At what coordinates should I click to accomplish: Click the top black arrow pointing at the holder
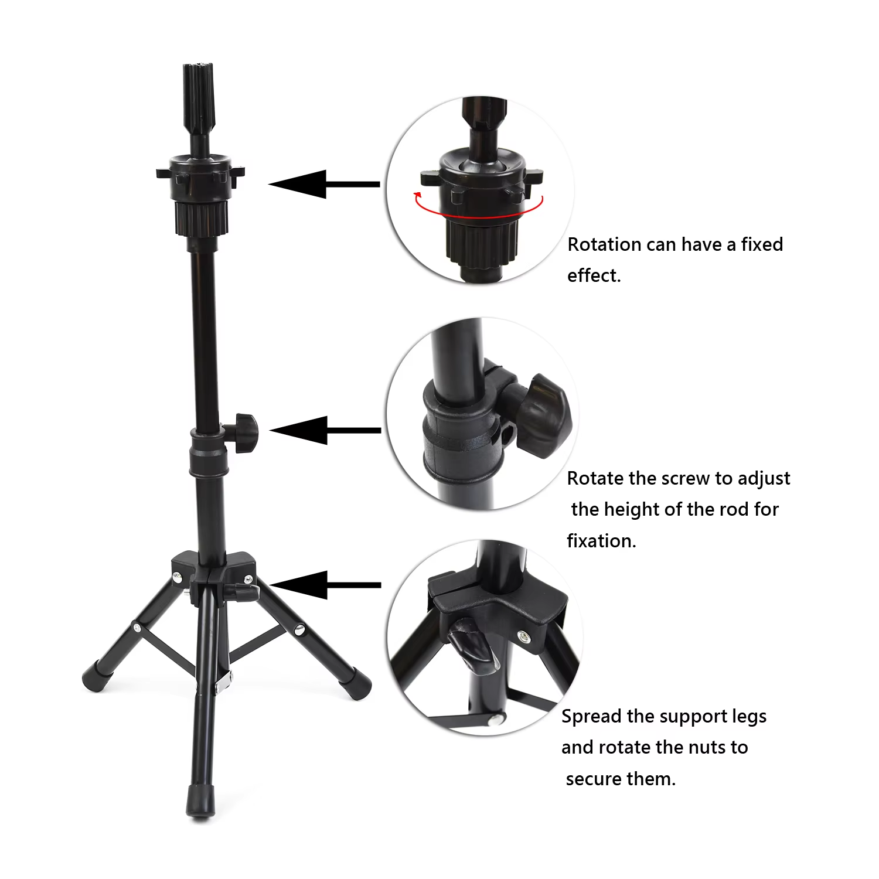[324, 184]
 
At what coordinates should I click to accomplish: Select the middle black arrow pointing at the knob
[325, 430]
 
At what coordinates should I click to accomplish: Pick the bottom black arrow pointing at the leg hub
[325, 585]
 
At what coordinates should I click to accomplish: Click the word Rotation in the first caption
[605, 244]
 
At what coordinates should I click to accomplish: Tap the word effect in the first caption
[594, 275]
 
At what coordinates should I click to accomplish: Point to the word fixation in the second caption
[601, 540]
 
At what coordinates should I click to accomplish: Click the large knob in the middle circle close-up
[542, 415]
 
